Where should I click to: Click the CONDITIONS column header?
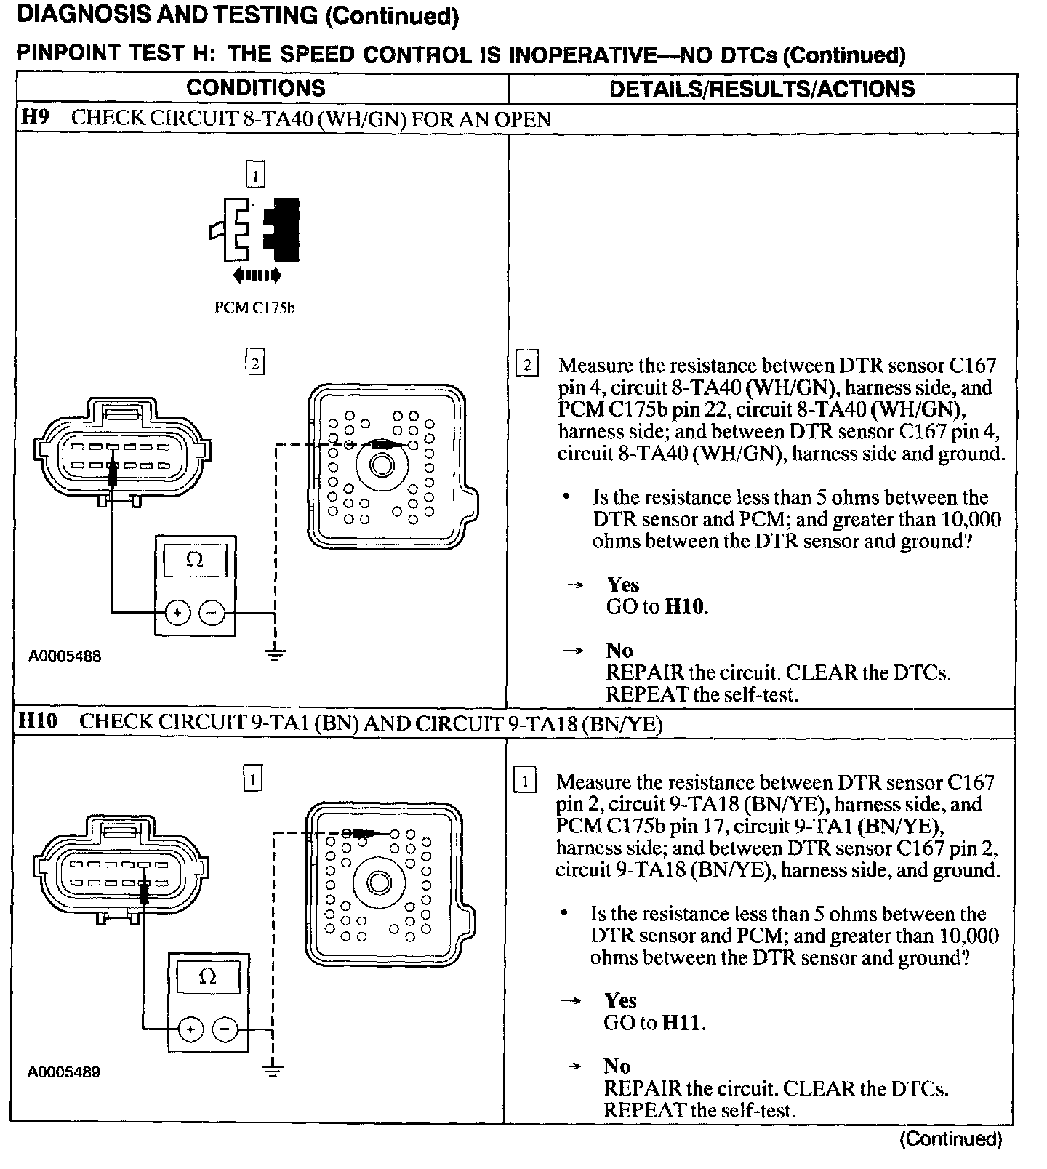click(x=255, y=88)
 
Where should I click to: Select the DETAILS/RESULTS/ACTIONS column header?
click(x=761, y=89)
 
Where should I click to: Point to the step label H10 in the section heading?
click(x=38, y=722)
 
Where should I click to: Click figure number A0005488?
click(x=65, y=656)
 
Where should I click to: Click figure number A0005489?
click(x=64, y=1072)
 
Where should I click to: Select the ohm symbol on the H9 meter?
click(x=194, y=561)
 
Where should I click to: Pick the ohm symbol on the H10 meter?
click(x=207, y=977)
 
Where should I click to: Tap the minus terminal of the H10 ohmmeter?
click(x=225, y=1029)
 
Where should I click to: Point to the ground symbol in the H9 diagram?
click(x=275, y=654)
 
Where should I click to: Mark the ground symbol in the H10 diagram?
click(x=272, y=1069)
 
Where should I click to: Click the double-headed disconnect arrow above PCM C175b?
click(x=256, y=275)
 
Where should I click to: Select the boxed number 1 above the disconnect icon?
click(x=255, y=174)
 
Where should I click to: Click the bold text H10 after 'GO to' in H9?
click(x=685, y=606)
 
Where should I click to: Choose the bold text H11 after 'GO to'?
click(x=683, y=1023)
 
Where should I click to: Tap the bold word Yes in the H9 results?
click(x=623, y=584)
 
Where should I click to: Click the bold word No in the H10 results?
click(x=617, y=1066)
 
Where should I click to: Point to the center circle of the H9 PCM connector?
click(x=380, y=464)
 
